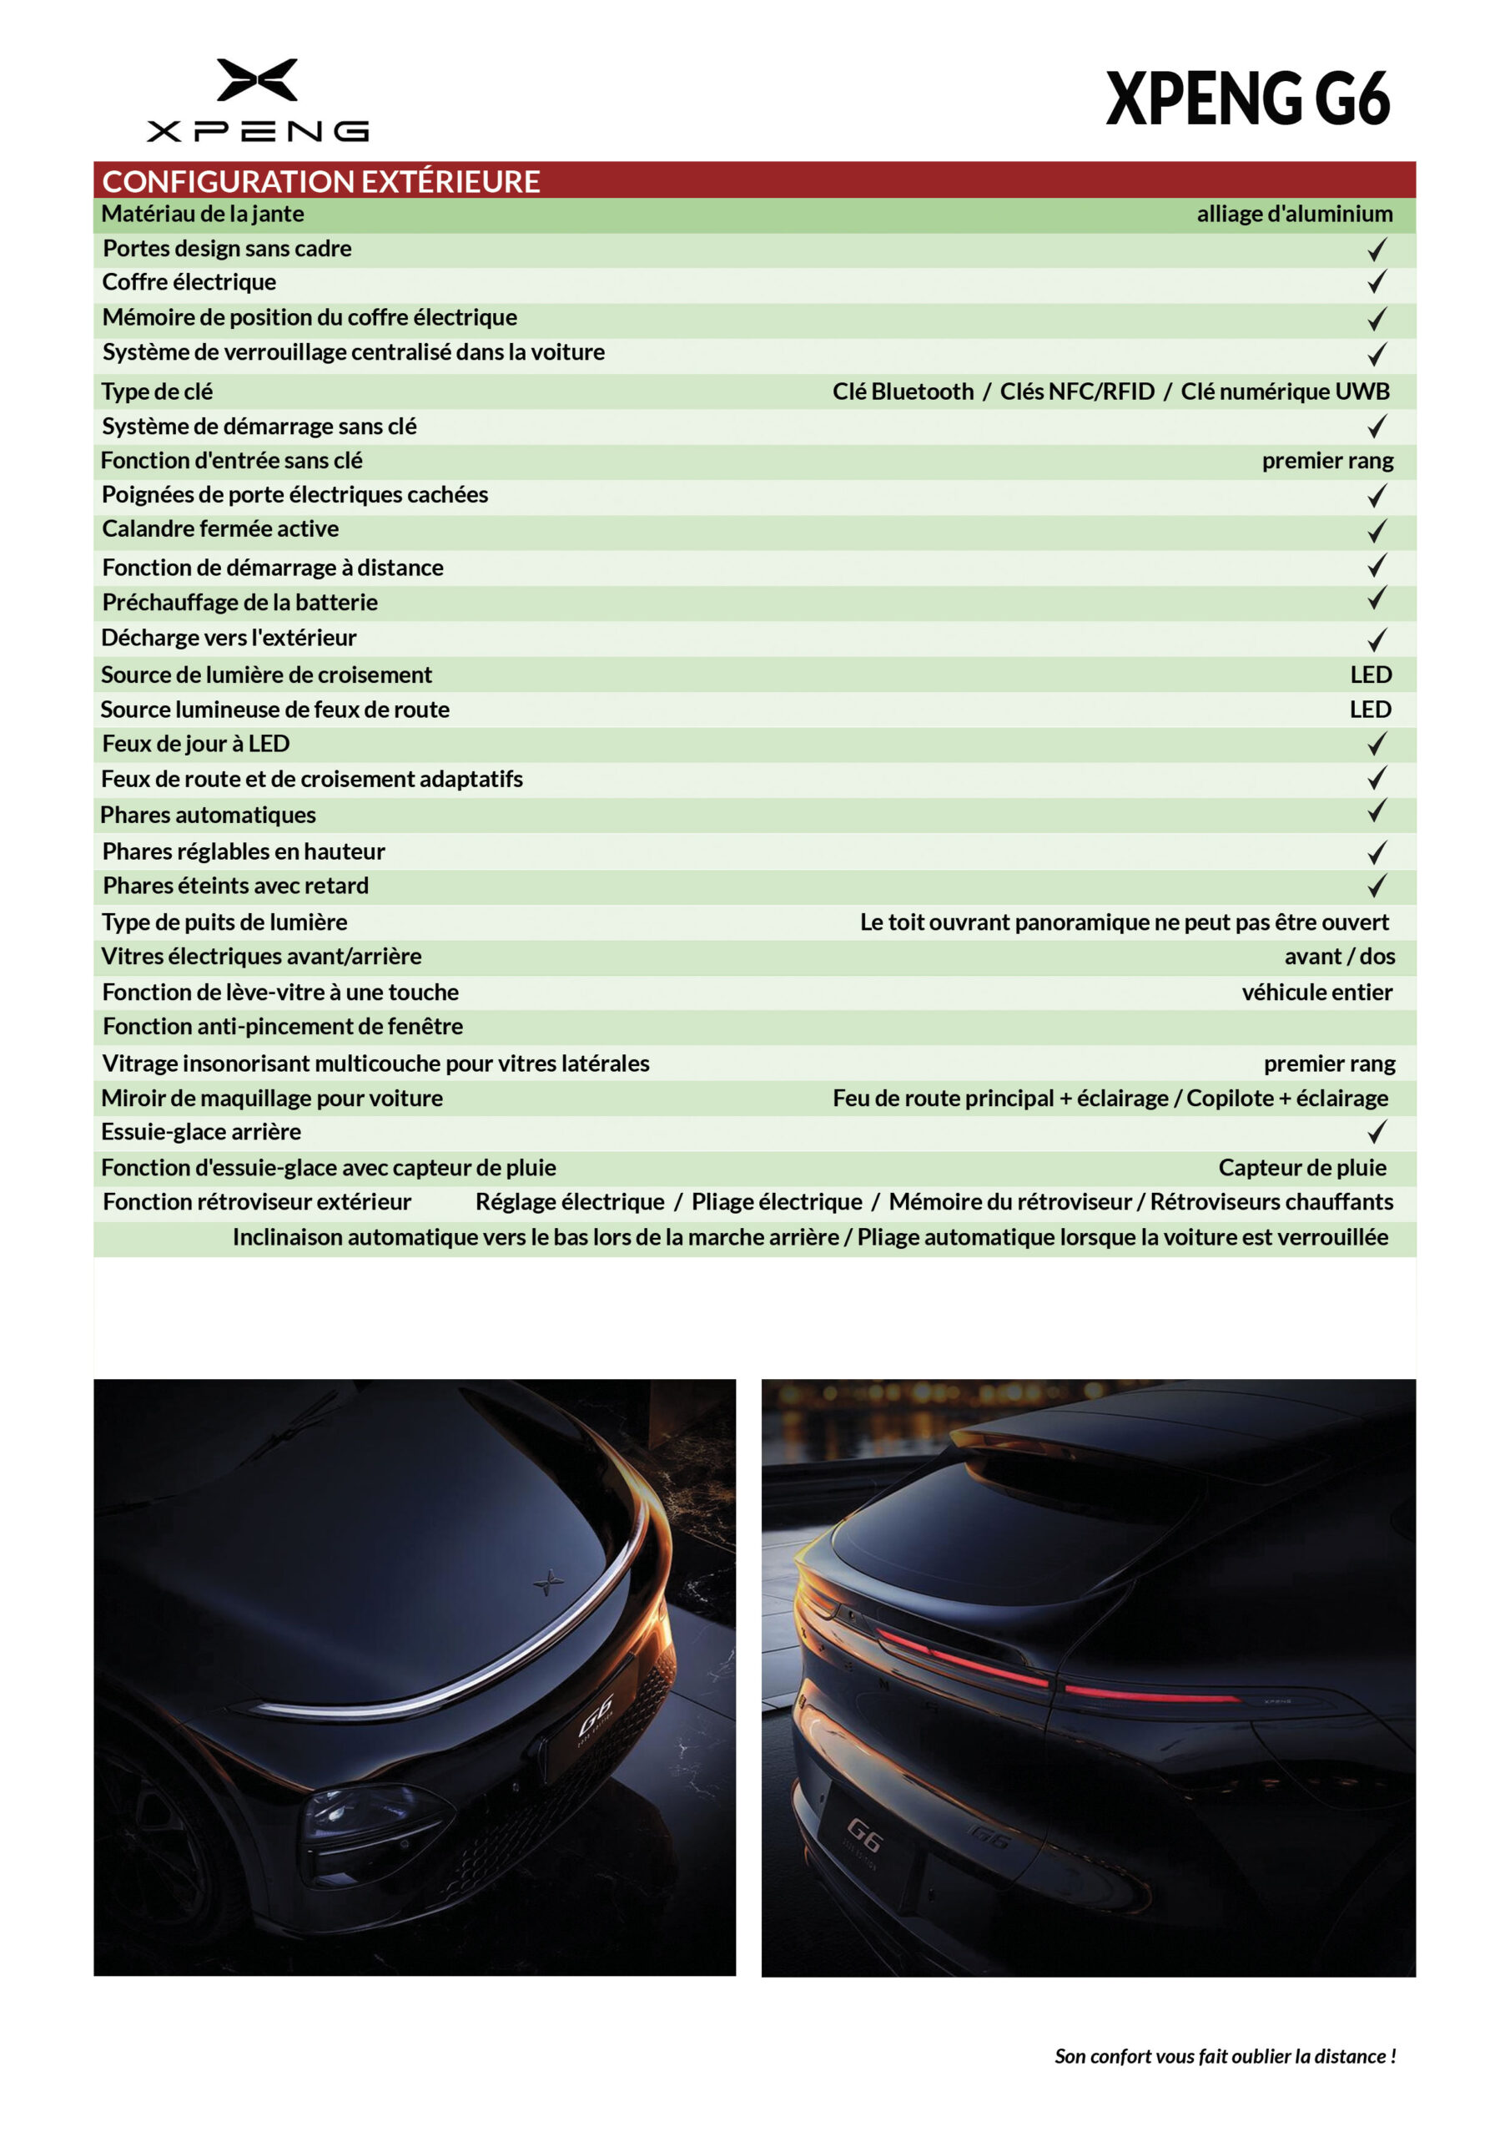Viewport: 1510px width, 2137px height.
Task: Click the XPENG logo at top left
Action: (258, 99)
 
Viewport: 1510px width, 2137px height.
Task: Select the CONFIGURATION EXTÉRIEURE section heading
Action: (321, 180)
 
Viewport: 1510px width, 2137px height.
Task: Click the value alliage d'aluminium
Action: (1294, 214)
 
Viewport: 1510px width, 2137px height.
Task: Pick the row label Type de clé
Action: (157, 392)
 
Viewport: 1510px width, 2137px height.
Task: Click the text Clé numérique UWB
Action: (1285, 392)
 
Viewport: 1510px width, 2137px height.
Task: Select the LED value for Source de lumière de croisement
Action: (1371, 674)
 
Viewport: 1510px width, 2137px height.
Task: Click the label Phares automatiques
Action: (209, 816)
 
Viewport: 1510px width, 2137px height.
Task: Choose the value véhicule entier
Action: (1316, 993)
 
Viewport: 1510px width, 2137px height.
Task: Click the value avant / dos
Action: (1339, 957)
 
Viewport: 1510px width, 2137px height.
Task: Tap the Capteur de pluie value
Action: (1301, 1168)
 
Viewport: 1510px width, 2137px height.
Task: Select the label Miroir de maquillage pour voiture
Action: (272, 1099)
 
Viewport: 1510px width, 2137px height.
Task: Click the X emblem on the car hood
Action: (548, 1580)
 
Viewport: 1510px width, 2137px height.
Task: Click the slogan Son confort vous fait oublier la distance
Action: (1225, 2056)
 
